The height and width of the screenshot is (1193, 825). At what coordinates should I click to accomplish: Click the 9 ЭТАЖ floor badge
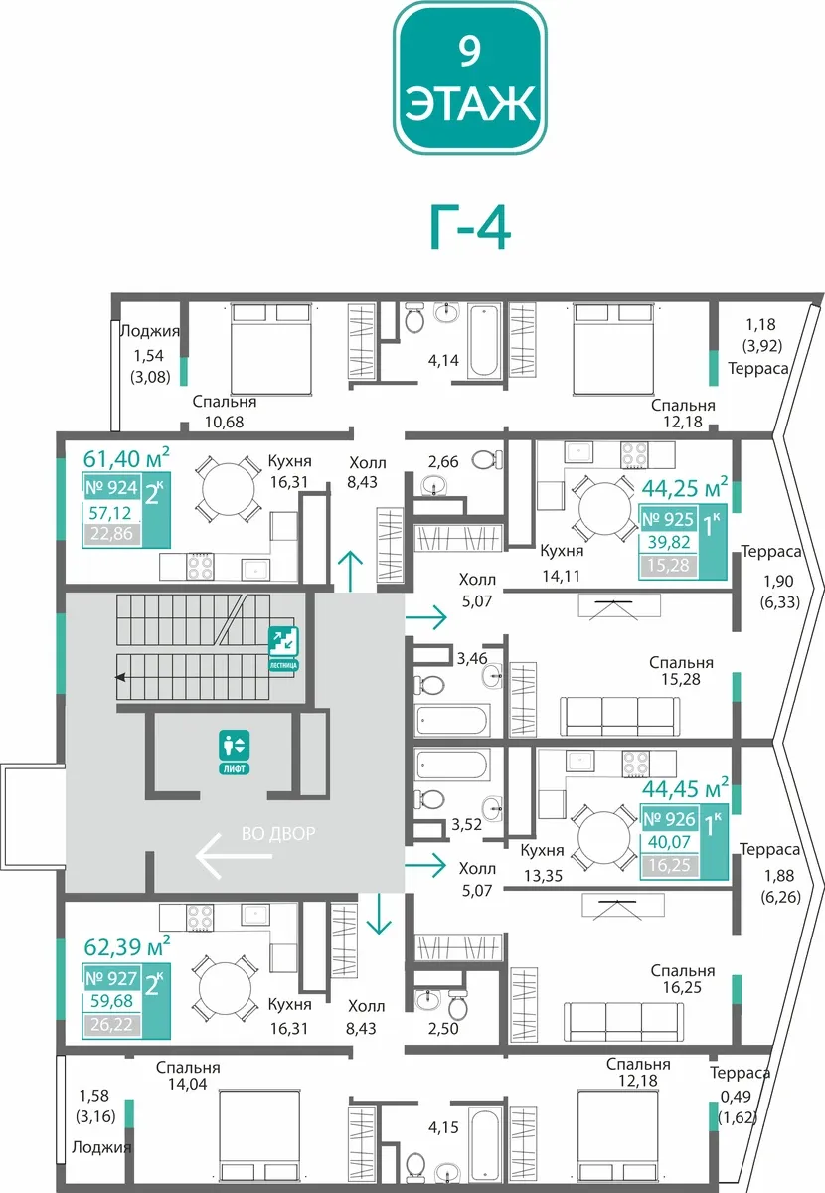pos(470,79)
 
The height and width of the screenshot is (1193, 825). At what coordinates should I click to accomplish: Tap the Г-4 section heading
pos(470,229)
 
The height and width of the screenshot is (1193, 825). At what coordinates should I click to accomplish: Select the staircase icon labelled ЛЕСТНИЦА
pos(283,648)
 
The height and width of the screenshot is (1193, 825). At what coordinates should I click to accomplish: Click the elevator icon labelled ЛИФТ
pos(235,752)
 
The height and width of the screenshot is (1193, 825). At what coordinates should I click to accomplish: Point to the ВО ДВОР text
pos(278,833)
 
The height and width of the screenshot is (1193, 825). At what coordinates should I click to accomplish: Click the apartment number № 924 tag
pos(112,487)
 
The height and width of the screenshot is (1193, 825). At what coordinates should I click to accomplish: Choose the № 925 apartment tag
pos(668,519)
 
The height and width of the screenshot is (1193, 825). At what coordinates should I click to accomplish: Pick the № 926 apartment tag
pos(669,818)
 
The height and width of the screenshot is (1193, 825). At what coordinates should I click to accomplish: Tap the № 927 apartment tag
pos(112,978)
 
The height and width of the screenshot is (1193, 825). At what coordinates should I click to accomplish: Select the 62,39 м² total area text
pos(127,946)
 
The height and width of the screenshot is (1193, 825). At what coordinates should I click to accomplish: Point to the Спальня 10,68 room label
pos(225,412)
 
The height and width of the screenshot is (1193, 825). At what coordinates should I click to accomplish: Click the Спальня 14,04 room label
pos(188,1076)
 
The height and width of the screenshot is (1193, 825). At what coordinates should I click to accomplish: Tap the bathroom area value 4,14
pos(443,361)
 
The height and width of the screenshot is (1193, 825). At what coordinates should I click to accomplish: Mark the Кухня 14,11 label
pos(562,563)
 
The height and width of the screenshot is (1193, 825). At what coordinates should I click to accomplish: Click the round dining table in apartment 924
pos(228,489)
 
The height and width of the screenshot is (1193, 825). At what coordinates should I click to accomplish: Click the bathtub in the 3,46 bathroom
pos(451,720)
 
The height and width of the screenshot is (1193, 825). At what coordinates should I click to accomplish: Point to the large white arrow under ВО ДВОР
pos(234,856)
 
